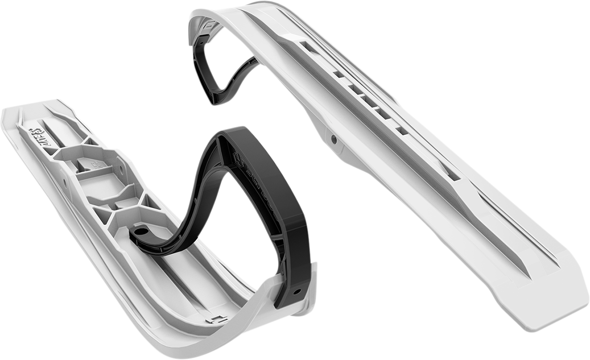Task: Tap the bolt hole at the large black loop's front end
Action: tap(296, 292)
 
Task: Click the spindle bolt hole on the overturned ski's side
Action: tap(334, 140)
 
